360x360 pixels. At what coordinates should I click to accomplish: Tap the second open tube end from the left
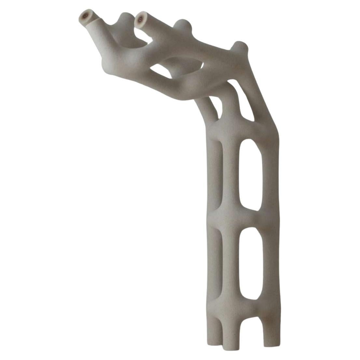pyautogui.click(x=140, y=20)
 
